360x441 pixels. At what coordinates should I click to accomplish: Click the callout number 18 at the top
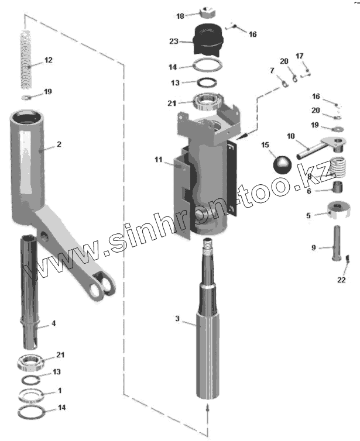pyautogui.click(x=180, y=15)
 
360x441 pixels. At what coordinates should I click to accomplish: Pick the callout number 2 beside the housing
pyautogui.click(x=59, y=144)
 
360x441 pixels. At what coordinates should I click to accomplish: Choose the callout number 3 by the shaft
pyautogui.click(x=177, y=319)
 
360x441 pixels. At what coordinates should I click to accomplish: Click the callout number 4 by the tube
pyautogui.click(x=54, y=323)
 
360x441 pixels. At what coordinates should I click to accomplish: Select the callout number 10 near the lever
pyautogui.click(x=290, y=137)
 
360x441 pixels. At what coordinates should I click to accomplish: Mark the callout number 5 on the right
pyautogui.click(x=308, y=215)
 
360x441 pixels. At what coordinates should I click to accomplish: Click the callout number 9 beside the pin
pyautogui.click(x=313, y=247)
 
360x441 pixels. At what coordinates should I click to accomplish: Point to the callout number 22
pyautogui.click(x=341, y=279)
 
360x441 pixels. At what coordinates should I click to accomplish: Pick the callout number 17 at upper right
pyautogui.click(x=300, y=56)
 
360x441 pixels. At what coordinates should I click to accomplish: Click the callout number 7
pyautogui.click(x=272, y=71)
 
